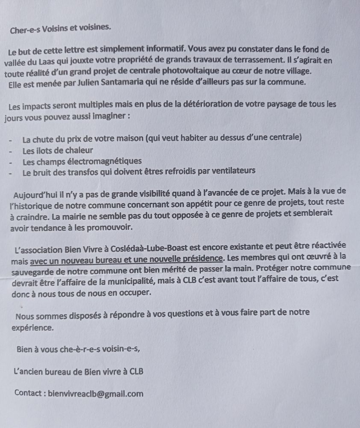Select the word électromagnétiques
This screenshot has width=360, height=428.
pyautogui.click(x=105, y=161)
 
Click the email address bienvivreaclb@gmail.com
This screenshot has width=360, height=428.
pyautogui.click(x=96, y=394)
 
